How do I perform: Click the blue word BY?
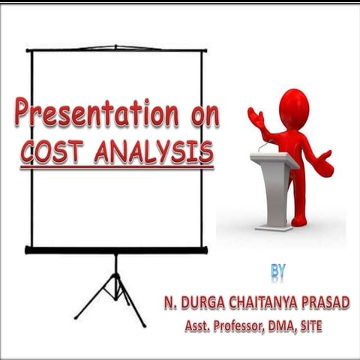pos(278,268)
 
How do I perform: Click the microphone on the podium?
pos(262,145)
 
